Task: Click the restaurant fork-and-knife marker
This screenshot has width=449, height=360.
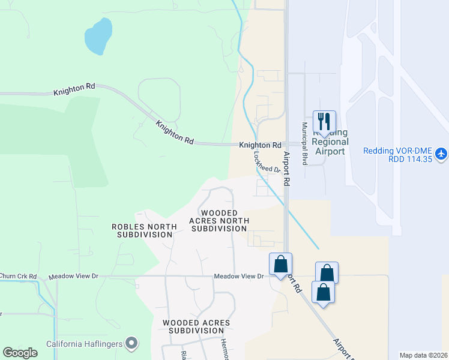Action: pos(324,122)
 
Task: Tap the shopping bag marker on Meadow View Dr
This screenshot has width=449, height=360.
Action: pos(280,264)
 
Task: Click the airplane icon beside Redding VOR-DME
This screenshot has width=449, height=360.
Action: pos(441,154)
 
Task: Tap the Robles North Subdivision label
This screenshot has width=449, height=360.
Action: pos(144,230)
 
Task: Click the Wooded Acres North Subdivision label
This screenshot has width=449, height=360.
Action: pos(219,221)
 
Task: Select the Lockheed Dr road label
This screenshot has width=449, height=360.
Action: pos(268,161)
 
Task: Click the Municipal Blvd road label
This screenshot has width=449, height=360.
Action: pos(305,144)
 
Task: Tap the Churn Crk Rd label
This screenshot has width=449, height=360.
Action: pos(18,277)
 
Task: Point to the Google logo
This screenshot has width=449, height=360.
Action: pos(20,352)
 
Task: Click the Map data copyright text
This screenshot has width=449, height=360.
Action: pos(423,355)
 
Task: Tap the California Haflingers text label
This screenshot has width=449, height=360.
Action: pos(84,344)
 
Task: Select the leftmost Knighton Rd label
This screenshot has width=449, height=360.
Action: pos(74,90)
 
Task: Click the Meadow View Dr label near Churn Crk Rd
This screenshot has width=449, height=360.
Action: pos(72,277)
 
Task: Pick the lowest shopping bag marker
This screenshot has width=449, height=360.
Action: pos(323,292)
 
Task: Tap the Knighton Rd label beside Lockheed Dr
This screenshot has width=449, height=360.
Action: pos(260,145)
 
